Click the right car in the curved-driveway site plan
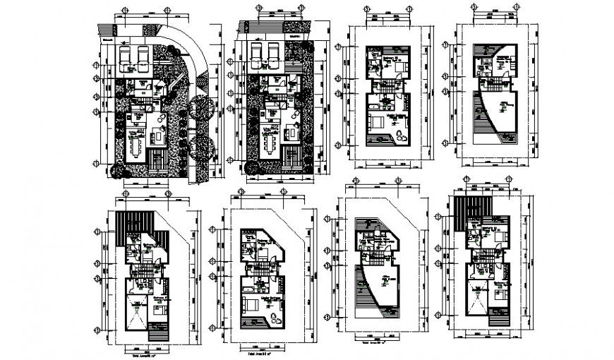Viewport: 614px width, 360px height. [x=143, y=59]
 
